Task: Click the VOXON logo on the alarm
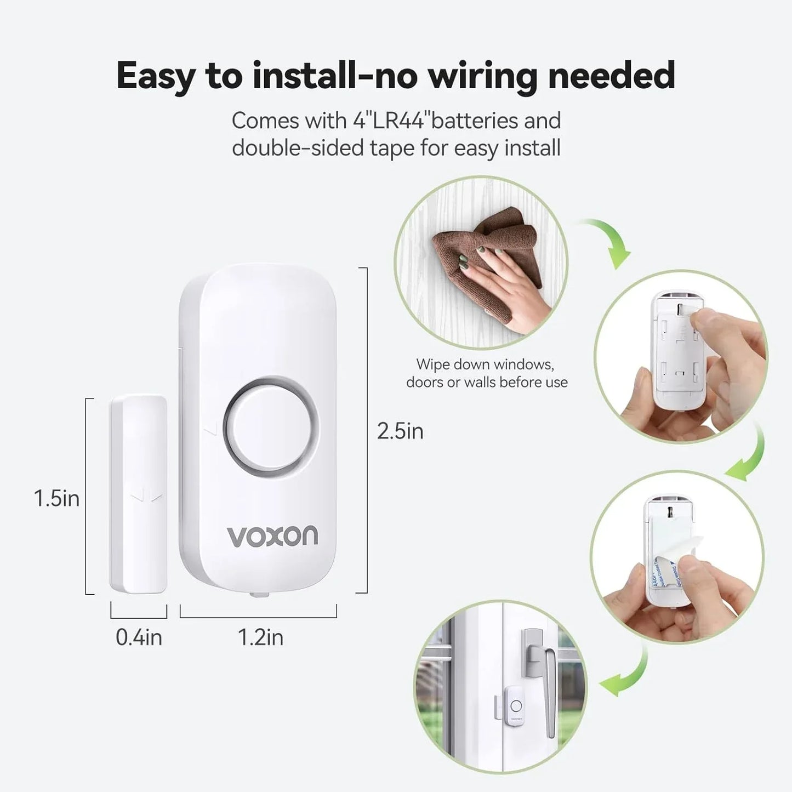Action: (x=272, y=535)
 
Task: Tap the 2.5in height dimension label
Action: (x=400, y=431)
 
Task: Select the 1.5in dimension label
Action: (x=56, y=498)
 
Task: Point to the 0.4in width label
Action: (x=139, y=637)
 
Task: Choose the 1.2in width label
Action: (x=260, y=637)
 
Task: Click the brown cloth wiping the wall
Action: (x=482, y=247)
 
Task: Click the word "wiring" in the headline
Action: (x=482, y=75)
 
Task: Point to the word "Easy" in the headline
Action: (x=155, y=75)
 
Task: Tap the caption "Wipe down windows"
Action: (x=485, y=364)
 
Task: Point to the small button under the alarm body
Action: (x=258, y=594)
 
